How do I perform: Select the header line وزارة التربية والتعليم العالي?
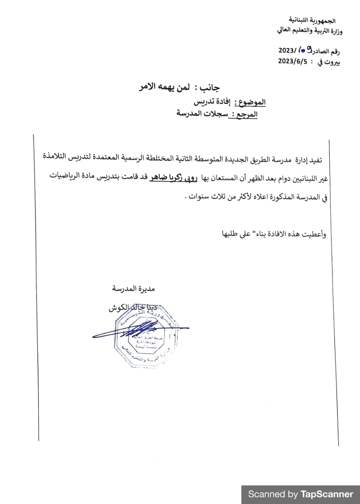click(310, 31)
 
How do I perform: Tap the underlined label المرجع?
click(246, 114)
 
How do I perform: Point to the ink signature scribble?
click(130, 330)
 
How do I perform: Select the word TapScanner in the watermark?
click(327, 494)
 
